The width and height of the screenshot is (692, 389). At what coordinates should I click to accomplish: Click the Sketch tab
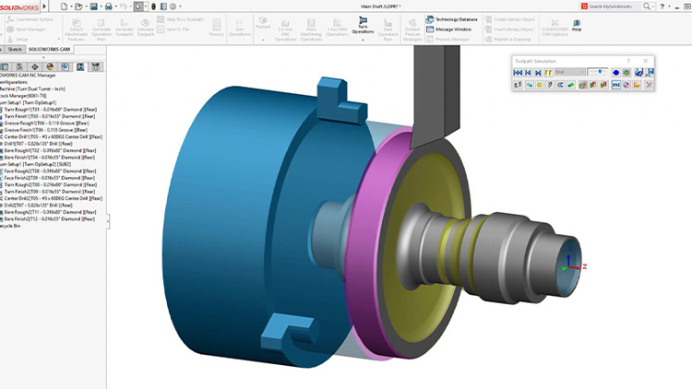pos(15,49)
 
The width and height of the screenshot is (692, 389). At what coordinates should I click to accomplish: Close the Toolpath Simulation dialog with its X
pos(647,61)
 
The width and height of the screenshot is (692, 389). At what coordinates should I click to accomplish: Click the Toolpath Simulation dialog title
pos(536,61)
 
